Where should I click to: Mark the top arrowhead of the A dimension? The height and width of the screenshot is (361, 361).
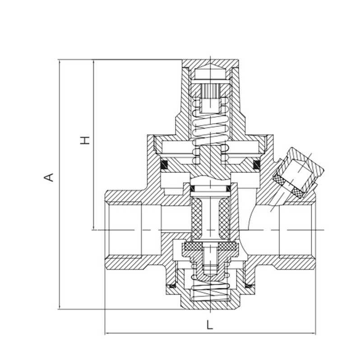(60, 61)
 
